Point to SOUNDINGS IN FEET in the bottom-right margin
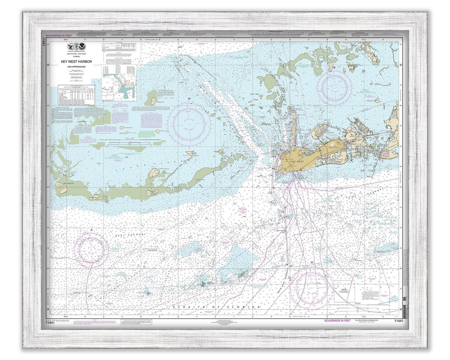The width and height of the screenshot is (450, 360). point(338,320)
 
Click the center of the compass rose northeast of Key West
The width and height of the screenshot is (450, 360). point(334,88)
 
